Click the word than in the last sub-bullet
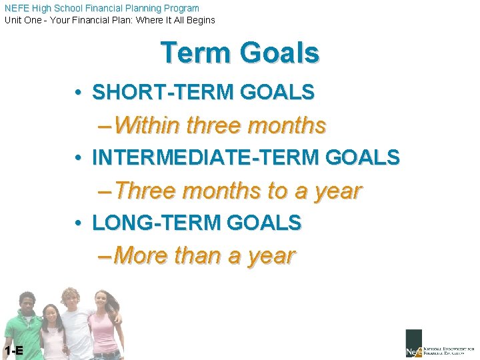(x=197, y=255)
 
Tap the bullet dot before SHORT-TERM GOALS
(x=79, y=93)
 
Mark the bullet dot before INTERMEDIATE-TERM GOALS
(x=79, y=158)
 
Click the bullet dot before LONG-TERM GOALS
(x=79, y=223)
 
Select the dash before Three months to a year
(x=105, y=191)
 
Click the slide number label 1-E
(x=13, y=351)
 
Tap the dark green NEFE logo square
(x=413, y=342)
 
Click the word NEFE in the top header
(x=16, y=8)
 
